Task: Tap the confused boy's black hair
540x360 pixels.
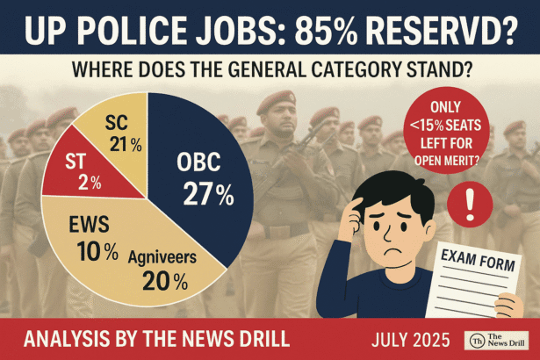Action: point(386,189)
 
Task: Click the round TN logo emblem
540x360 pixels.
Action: point(475,338)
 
